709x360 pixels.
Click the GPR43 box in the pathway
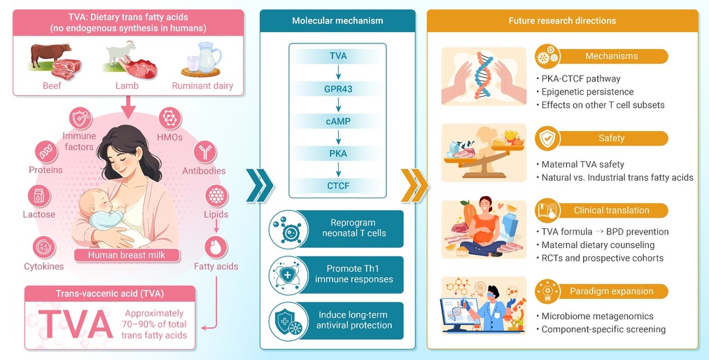tap(338, 89)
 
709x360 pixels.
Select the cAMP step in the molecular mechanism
tap(338, 121)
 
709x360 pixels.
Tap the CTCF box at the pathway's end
tap(338, 186)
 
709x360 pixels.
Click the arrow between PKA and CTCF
tap(338, 169)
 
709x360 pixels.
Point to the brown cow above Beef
tap(50, 53)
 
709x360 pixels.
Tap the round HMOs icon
tap(170, 119)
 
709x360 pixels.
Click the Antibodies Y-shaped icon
tap(205, 152)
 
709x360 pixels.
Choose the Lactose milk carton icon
tap(39, 196)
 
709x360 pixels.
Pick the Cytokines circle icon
tap(44, 247)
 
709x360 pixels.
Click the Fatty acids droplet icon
tap(216, 248)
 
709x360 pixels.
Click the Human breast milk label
tap(127, 255)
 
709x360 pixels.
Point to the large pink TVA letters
tap(75, 324)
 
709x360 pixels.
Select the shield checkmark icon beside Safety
tap(547, 139)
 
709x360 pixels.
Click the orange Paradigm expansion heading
tap(611, 291)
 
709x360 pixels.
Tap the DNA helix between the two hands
tap(484, 76)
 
